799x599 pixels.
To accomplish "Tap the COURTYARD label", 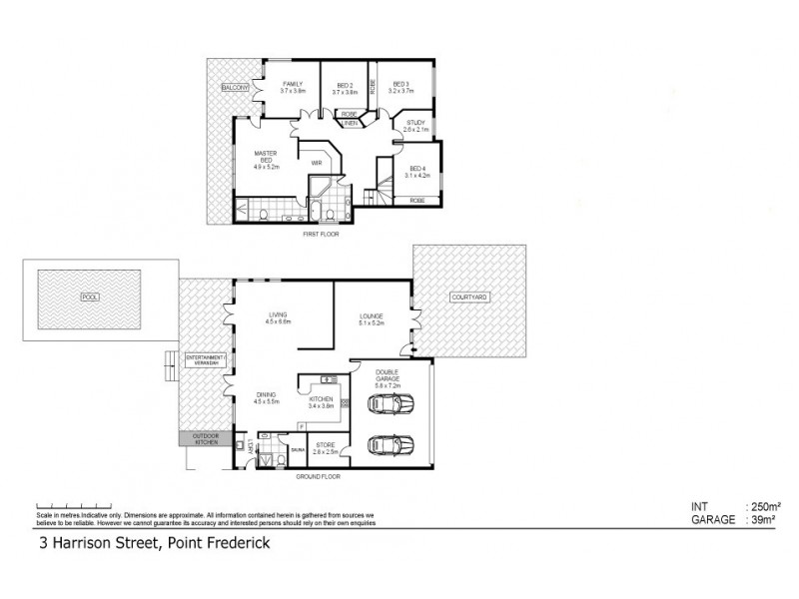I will (x=468, y=298).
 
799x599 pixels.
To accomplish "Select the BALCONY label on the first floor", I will (x=235, y=88).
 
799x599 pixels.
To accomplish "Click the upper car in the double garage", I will (x=392, y=405).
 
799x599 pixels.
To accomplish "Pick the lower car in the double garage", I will (x=392, y=444).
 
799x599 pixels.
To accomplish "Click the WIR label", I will (x=316, y=162).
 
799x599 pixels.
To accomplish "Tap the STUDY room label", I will (x=415, y=123).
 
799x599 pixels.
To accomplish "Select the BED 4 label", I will (x=416, y=169).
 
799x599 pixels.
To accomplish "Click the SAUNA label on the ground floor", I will (x=298, y=450).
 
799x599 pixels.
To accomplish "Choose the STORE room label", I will (x=326, y=444).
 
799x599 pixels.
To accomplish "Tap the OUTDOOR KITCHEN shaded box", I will (x=205, y=439).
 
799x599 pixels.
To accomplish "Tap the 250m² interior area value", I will (x=765, y=506).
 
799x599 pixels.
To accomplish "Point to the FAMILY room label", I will (x=293, y=84).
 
